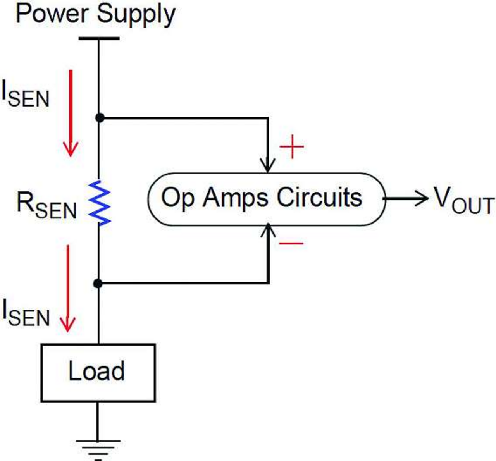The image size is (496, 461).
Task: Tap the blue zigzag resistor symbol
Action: pos(100,202)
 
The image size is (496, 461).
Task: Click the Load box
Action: pos(98,372)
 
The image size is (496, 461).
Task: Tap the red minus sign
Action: pos(291,243)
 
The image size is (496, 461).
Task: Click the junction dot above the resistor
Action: pos(100,118)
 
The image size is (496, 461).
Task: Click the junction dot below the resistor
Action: pos(98,284)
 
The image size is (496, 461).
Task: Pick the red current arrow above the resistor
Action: pos(71,112)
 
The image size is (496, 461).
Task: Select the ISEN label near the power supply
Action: pos(26,95)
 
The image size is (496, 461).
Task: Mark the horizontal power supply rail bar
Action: pos(99,38)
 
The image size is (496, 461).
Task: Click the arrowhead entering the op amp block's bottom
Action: pos(268,230)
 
